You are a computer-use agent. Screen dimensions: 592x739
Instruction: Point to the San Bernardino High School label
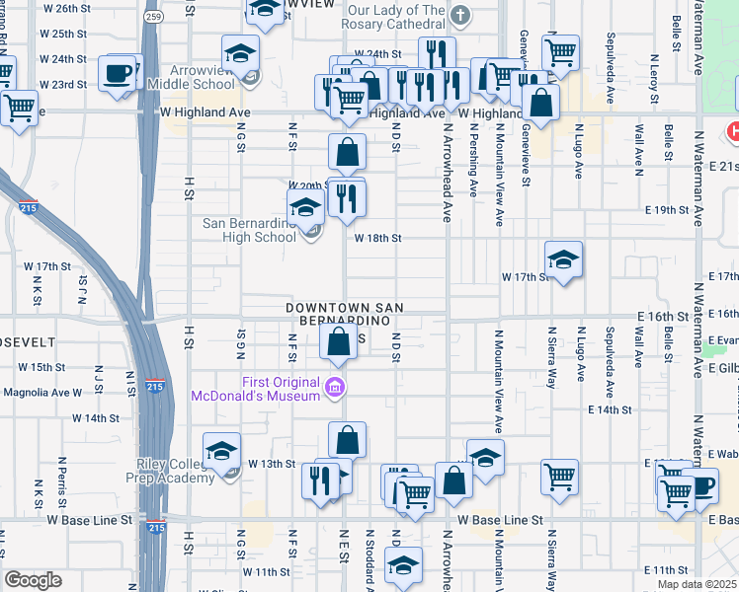(249, 230)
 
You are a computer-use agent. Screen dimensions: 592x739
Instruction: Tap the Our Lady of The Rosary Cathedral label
(396, 15)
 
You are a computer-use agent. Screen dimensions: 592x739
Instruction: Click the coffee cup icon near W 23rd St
(118, 73)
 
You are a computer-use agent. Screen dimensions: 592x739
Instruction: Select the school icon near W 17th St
(563, 259)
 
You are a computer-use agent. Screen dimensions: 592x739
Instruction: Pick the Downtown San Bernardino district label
(345, 315)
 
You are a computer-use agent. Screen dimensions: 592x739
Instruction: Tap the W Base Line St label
(499, 519)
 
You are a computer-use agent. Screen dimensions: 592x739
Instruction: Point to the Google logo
(34, 580)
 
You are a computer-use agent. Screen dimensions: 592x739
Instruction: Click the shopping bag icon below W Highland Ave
(347, 153)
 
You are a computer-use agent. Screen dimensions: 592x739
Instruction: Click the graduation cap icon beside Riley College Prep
(222, 451)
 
